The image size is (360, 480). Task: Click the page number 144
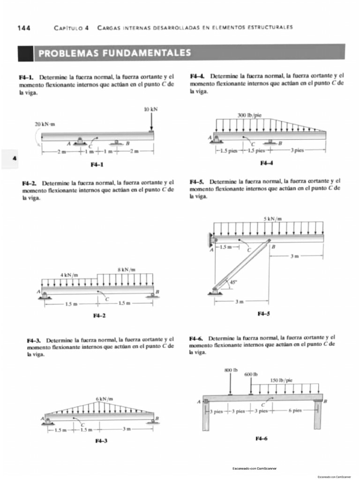coord(24,27)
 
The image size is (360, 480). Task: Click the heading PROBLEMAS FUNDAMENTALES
coord(114,52)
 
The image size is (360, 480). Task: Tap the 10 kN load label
coord(151,109)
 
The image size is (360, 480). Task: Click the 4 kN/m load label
coord(69,275)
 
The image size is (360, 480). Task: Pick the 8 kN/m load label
coord(126,269)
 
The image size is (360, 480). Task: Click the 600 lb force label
coord(251,374)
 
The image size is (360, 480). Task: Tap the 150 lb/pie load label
coord(282,380)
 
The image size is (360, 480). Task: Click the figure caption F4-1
coord(97,165)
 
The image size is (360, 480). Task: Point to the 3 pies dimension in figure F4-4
coord(297,150)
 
